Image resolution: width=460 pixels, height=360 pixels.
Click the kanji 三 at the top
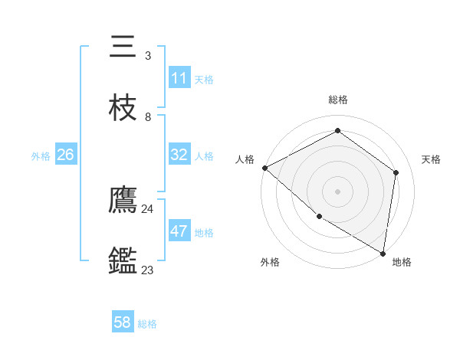coord(123,47)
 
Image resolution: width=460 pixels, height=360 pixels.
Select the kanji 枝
coord(123,109)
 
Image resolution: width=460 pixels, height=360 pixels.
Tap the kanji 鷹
coord(123,201)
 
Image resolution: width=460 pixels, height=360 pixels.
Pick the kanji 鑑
coord(123,262)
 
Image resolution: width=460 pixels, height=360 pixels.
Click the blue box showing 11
coord(179,78)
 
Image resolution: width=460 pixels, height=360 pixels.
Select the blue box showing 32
coord(179,155)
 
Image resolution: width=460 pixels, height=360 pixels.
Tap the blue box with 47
coord(179,231)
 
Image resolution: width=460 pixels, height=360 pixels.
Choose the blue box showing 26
coord(65,155)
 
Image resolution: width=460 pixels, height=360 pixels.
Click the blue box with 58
coord(123,322)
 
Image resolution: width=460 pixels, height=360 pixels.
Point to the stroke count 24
coord(147,208)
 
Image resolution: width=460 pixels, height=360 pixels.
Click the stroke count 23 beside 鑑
coord(147,270)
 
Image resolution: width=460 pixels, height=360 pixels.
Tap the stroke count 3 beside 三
coord(147,55)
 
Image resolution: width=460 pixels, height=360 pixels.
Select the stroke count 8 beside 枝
coord(147,116)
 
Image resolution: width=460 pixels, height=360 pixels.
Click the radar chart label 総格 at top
coord(338,100)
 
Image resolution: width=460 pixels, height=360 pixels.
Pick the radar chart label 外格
coord(270,262)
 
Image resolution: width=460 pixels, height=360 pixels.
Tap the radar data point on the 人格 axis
coord(264,168)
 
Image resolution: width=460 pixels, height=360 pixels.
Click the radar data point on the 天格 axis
coord(396,172)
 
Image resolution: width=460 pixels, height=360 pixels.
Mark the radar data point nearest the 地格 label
coord(383,253)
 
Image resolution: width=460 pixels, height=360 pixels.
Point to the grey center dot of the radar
coord(338,191)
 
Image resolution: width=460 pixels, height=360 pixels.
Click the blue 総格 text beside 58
coord(147,323)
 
